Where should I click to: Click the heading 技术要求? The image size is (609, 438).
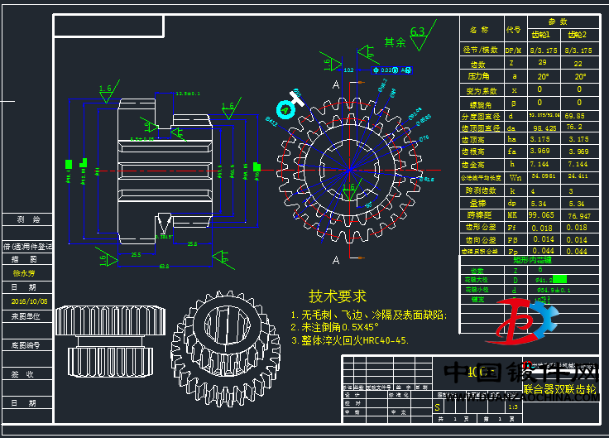337,296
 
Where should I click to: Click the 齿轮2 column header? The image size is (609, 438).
578,35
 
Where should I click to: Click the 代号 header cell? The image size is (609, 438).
513,30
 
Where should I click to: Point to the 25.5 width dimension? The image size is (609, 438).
135,255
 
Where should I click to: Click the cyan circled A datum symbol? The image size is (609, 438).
286,108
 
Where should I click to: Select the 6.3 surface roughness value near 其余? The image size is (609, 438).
418,32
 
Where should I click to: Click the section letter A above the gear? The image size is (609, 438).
335,84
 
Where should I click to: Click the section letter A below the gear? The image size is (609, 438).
335,260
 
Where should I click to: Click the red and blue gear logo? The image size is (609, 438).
525,323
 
